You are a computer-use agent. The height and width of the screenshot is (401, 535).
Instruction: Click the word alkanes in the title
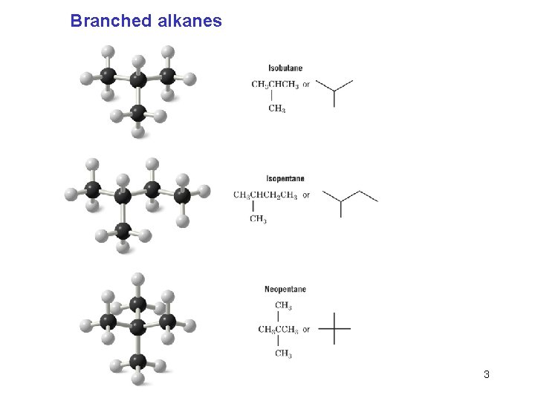[x=189, y=21]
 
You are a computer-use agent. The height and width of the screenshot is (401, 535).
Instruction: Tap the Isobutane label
[x=285, y=68]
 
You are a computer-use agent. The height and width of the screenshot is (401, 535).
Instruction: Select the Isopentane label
[x=285, y=178]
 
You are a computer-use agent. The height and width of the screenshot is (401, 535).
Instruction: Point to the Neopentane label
[x=285, y=289]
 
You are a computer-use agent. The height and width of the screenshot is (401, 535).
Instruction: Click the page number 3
[x=487, y=374]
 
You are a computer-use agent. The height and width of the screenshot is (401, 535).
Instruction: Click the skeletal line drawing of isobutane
[x=334, y=91]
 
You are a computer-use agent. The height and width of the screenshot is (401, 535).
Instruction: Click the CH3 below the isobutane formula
[x=276, y=109]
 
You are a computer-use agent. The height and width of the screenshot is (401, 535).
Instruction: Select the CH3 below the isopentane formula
[x=258, y=219]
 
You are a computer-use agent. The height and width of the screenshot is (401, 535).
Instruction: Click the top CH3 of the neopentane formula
[x=283, y=305]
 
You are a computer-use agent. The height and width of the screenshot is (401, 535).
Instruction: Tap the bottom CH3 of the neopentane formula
[x=283, y=354]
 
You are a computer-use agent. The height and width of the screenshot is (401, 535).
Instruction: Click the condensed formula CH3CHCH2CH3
[x=265, y=195]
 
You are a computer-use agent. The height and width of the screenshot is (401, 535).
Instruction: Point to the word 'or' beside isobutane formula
[x=306, y=85]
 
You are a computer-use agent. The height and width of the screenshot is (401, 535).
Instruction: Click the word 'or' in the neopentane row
[x=306, y=330]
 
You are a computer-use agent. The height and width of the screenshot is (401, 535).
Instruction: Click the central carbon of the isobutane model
[x=138, y=79]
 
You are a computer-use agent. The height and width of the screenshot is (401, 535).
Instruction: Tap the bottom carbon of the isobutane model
[x=138, y=113]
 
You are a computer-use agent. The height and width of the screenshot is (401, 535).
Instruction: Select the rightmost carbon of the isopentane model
[x=182, y=195]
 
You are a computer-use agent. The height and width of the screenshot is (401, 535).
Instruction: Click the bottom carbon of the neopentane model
[x=137, y=360]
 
